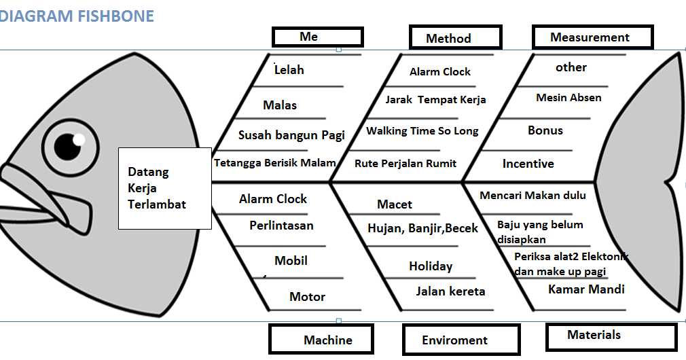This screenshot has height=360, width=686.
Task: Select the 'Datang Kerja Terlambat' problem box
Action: click(164, 188)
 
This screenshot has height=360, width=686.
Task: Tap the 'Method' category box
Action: click(455, 38)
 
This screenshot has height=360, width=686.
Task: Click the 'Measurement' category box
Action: click(592, 37)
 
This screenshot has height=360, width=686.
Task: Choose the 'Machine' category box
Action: click(321, 340)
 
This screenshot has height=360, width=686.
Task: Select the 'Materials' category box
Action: click(610, 336)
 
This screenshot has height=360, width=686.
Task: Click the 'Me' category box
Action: click(317, 37)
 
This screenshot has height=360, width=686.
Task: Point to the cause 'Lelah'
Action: click(289, 70)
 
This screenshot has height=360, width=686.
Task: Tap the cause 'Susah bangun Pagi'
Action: click(291, 135)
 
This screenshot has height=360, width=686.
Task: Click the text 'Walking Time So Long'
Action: click(422, 131)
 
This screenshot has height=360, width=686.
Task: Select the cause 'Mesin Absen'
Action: click(568, 98)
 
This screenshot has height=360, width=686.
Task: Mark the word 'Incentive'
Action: click(528, 164)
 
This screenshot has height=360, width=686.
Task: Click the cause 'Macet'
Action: click(395, 204)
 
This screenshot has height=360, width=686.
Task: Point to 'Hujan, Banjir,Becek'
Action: click(422, 229)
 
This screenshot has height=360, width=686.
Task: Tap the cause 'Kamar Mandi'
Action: click(586, 289)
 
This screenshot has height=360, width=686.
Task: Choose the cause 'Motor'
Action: click(307, 297)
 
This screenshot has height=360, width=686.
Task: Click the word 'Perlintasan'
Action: click(281, 226)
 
